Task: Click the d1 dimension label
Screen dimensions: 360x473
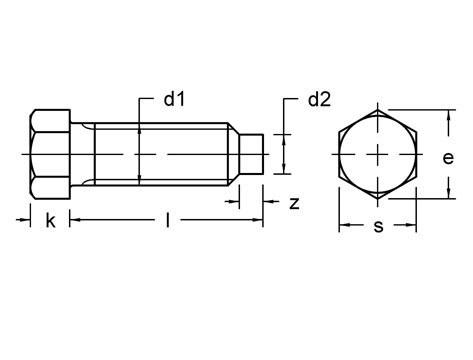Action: (x=176, y=100)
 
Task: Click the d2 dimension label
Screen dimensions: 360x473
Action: (x=319, y=100)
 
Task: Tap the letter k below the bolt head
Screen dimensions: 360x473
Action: (x=50, y=221)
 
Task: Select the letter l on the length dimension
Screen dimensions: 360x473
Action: (x=166, y=221)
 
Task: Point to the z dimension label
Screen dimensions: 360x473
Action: (x=294, y=203)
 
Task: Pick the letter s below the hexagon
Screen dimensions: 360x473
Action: (x=378, y=226)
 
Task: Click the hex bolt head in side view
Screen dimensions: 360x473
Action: (x=50, y=155)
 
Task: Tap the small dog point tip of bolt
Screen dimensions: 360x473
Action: (x=252, y=155)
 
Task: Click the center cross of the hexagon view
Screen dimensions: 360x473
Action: (x=378, y=155)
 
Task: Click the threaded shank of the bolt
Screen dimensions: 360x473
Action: (x=150, y=155)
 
